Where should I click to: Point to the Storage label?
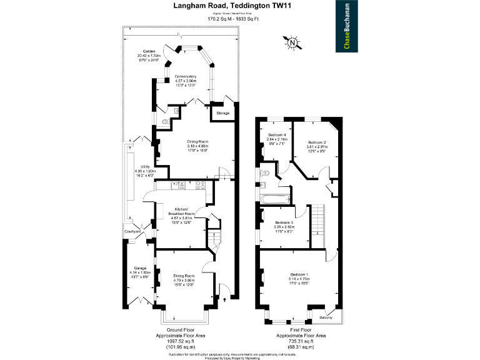click(223, 113)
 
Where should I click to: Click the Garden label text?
click(149, 51)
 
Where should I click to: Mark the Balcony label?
click(326, 317)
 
